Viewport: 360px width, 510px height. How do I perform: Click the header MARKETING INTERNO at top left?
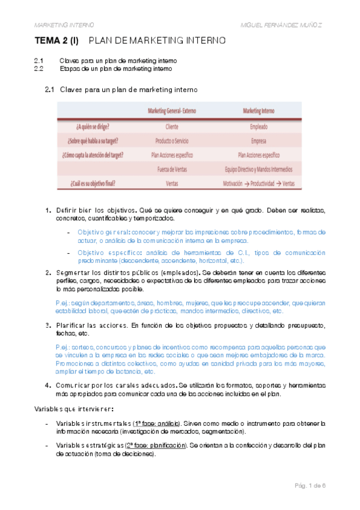click(x=64, y=24)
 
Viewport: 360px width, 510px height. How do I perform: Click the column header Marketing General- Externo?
click(x=176, y=111)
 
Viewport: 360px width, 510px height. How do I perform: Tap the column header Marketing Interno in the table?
click(x=259, y=111)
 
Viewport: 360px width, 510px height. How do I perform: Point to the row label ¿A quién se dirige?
click(x=97, y=127)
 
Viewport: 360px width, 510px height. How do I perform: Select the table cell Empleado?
click(x=258, y=127)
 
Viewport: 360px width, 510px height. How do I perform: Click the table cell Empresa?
click(x=258, y=141)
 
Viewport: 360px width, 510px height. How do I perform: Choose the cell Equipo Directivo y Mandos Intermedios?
click(x=258, y=169)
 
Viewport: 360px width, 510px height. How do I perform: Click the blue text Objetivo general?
click(x=100, y=232)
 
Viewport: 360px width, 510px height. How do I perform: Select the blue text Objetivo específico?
click(x=103, y=253)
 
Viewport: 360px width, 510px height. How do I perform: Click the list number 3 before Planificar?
click(x=48, y=325)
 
